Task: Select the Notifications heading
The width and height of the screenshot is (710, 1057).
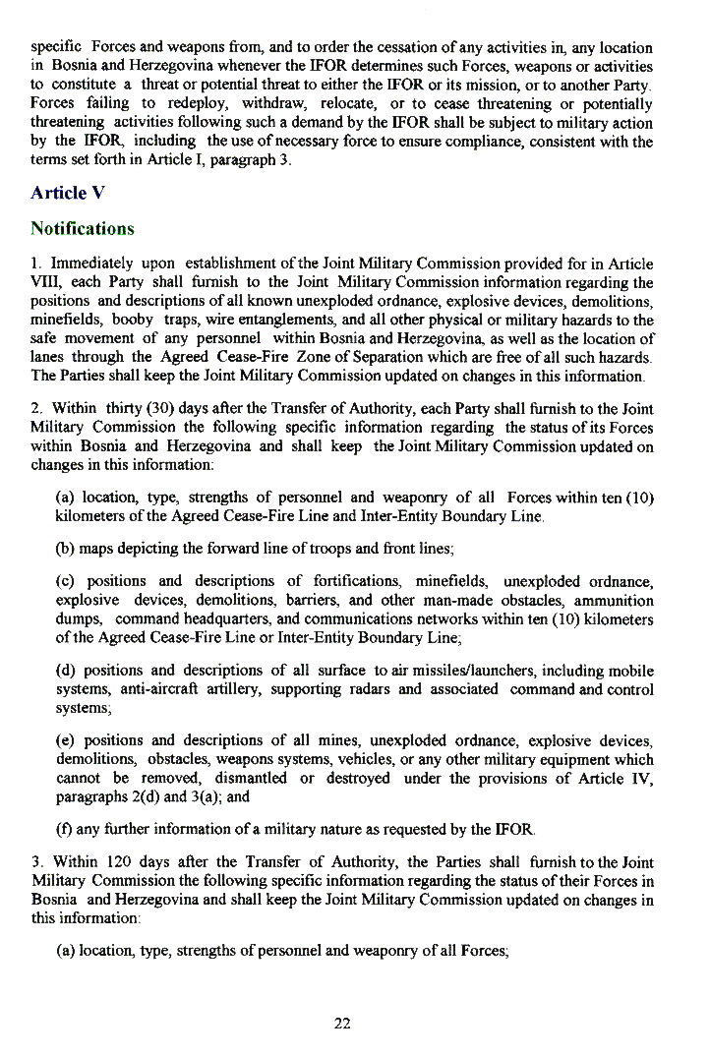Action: tap(83, 229)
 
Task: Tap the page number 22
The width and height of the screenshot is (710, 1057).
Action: tap(342, 1024)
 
